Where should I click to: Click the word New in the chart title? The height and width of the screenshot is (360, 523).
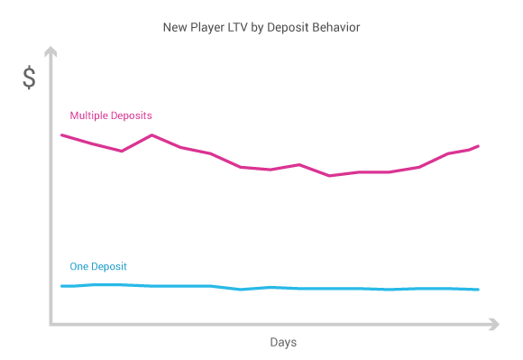175,27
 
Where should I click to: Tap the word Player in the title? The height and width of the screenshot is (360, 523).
207,27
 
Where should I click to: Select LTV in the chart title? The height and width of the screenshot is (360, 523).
241,27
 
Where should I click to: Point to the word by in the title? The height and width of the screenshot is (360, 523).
262,27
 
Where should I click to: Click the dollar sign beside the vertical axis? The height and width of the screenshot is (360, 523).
30,78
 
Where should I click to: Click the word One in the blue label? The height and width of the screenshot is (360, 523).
79,266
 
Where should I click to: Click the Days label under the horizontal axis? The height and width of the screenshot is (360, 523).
282,343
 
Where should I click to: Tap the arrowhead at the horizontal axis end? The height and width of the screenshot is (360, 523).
493,323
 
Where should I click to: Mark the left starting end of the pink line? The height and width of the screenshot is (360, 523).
61,134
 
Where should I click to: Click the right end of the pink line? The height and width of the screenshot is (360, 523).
478,145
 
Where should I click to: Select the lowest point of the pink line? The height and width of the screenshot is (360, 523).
329,176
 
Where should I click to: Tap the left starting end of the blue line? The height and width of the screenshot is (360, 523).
61,286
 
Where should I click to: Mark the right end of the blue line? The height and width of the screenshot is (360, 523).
478,290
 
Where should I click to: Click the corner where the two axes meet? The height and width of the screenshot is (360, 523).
51,323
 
